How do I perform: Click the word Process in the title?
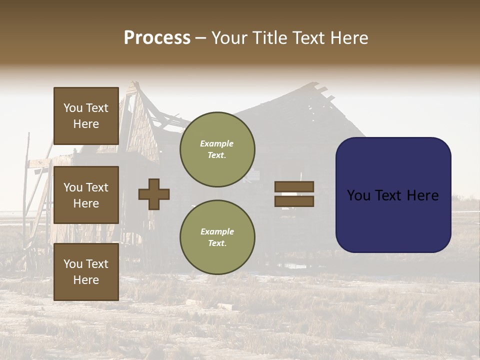tap(157, 38)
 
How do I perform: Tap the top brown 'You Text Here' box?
tap(86, 116)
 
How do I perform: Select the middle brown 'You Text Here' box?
tap(86, 195)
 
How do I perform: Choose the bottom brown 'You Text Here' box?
tap(86, 272)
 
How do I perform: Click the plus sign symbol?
tap(154, 194)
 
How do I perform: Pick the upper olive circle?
tap(217, 149)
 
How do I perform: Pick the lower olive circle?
tap(217, 237)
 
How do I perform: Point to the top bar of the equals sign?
tap(294, 186)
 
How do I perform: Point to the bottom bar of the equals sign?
tap(294, 201)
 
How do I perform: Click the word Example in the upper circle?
tap(217, 143)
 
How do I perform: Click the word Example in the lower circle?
tap(217, 231)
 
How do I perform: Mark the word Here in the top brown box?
tap(86, 124)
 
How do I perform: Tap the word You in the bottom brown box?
tap(73, 264)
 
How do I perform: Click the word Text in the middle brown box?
tap(96, 187)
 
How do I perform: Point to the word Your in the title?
tap(231, 38)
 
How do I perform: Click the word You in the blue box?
tap(358, 195)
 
